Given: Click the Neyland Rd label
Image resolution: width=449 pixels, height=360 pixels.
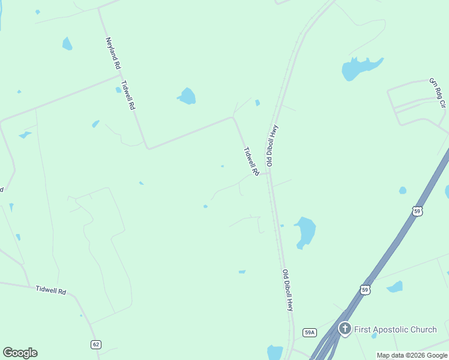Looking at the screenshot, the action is click(113, 52).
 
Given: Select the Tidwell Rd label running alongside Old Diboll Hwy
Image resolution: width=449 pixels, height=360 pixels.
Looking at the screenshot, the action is click(251, 161).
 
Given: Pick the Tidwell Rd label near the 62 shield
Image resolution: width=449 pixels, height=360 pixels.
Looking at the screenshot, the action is click(50, 290).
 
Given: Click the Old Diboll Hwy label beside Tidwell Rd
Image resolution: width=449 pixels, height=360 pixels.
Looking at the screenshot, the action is click(273, 145).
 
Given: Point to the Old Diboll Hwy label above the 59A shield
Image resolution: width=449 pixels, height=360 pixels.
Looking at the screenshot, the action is click(288, 290).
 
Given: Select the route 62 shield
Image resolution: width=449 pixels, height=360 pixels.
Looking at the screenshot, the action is click(96, 344).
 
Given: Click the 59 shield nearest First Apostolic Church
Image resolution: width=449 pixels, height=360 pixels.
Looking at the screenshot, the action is click(365, 290).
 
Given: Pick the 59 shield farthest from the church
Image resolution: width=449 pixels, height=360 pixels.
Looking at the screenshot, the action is click(418, 211).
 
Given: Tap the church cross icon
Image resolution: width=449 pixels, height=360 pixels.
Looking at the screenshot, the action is click(345, 329).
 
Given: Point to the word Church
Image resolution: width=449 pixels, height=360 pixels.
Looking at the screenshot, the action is click(424, 329).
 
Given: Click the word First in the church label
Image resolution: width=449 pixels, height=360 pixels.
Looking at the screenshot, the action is click(364, 329).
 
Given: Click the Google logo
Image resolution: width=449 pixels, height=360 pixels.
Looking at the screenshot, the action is click(20, 352).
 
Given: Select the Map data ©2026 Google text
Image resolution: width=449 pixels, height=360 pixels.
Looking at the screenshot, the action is click(412, 355).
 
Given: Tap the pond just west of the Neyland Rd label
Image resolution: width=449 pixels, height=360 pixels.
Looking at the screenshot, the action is click(67, 44).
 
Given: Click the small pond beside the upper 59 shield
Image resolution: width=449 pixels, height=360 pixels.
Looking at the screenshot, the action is click(402, 191).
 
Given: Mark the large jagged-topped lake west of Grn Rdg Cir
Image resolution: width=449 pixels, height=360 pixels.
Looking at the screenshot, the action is click(360, 68).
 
